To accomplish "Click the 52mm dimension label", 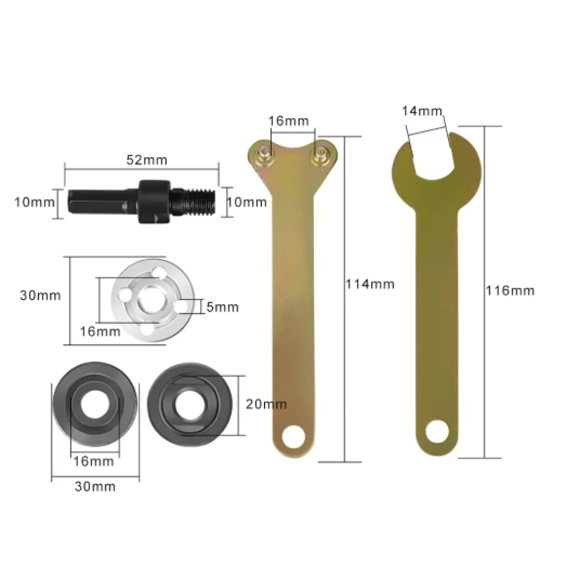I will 146,160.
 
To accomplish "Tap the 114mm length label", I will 370,284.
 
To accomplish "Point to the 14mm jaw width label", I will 422,110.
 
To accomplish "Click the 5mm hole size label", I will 222,307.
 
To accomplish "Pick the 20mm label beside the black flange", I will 266,404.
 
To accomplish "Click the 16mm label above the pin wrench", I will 289,121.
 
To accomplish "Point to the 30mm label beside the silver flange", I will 40,295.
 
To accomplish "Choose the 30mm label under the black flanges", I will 95,486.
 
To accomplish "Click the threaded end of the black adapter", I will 201,201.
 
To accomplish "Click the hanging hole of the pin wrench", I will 294,436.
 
